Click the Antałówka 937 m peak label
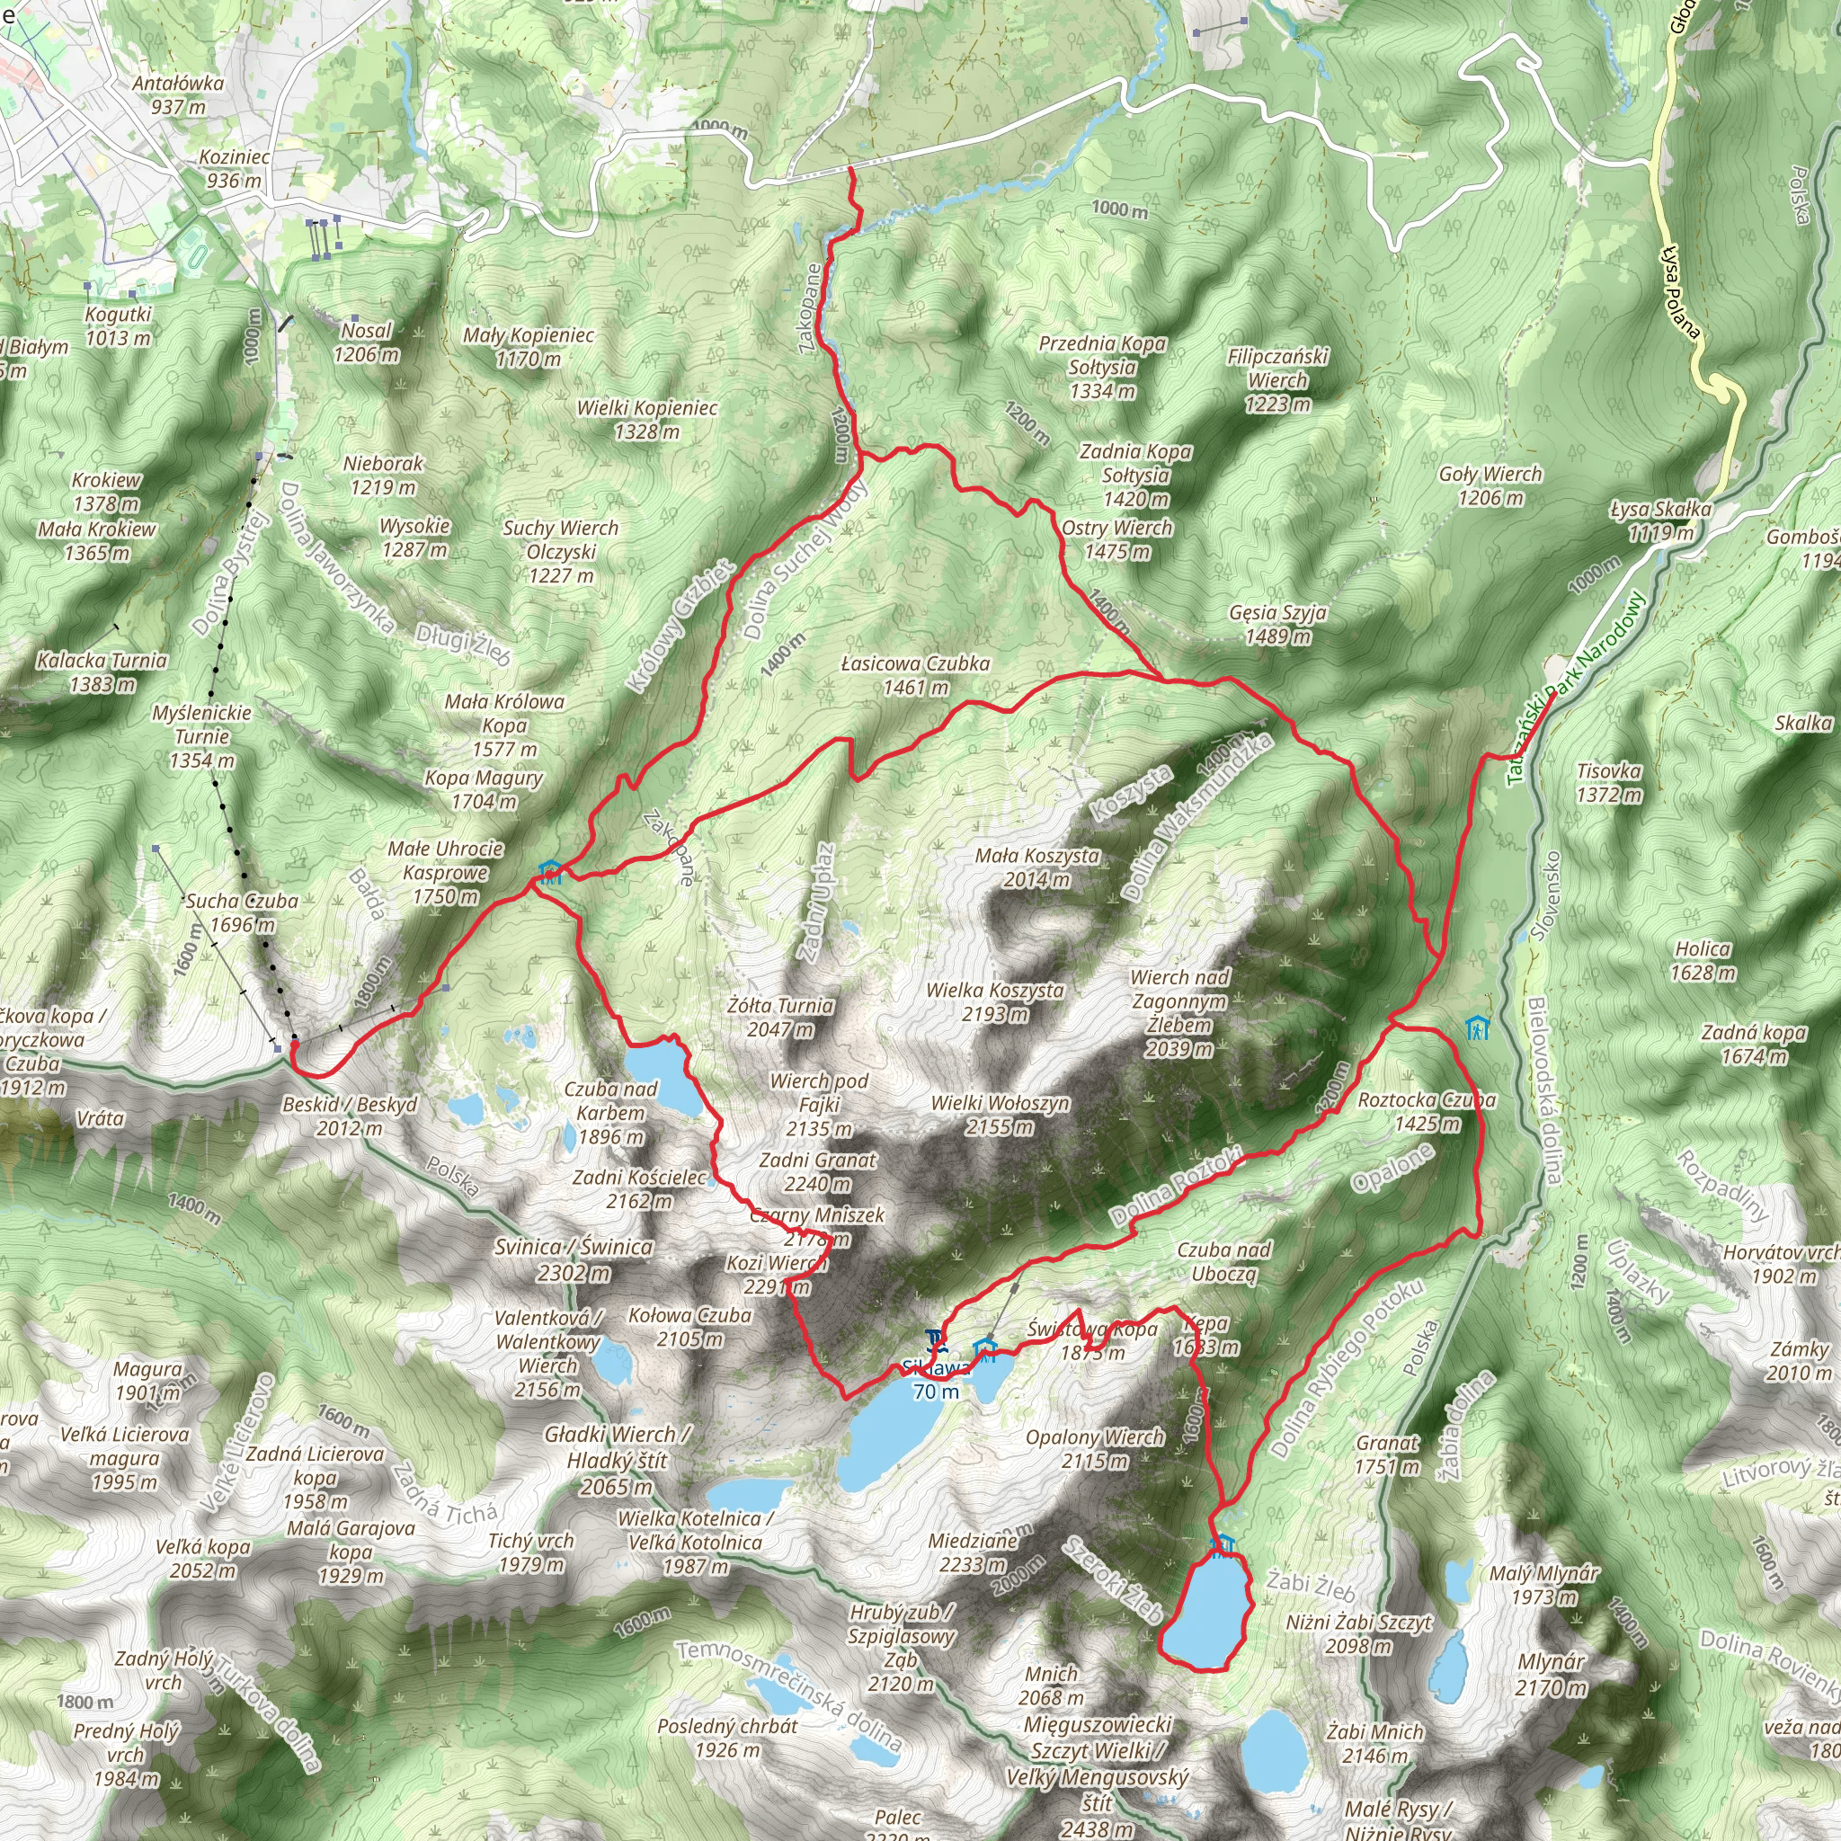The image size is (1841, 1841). tap(178, 94)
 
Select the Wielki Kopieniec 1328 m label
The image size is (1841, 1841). tap(647, 419)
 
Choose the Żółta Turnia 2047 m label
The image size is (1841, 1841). tap(779, 1017)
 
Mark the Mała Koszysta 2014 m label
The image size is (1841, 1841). tap(1036, 867)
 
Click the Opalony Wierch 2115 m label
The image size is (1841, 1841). tap(1095, 1448)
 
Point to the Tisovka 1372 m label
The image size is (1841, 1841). tap(1608, 782)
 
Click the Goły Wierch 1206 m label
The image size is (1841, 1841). tap(1490, 485)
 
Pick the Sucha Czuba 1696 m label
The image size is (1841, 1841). tap(242, 912)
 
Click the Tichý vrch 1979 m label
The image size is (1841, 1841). tap(530, 1552)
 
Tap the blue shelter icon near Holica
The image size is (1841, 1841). tap(1477, 1028)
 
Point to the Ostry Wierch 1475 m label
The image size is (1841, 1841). tap(1116, 539)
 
